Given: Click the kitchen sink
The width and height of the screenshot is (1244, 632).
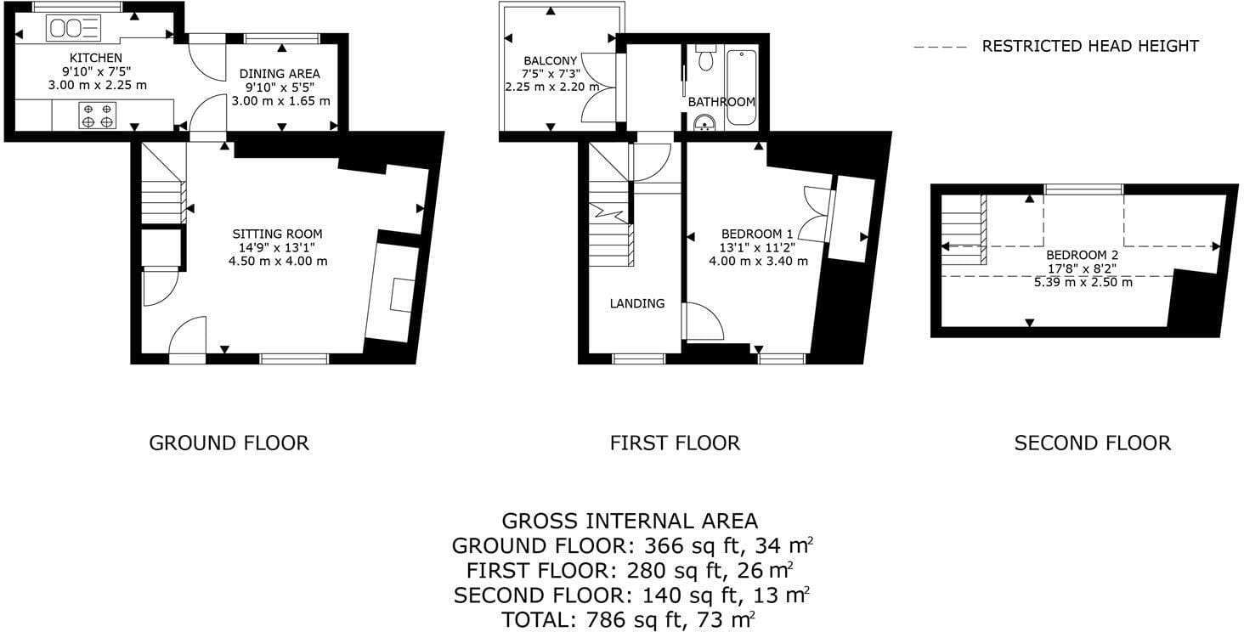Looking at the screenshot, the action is tap(73, 28).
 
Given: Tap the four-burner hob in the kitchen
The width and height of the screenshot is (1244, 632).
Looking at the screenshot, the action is tap(97, 116).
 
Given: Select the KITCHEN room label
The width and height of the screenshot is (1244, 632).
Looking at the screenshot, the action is tap(95, 58).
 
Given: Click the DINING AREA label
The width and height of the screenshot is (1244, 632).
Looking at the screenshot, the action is tap(280, 74).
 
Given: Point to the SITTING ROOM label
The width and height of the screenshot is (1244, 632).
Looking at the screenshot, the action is tap(277, 234).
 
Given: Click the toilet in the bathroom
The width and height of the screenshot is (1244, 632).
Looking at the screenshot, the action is tap(706, 58).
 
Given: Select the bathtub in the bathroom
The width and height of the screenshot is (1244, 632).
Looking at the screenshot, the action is tap(742, 87).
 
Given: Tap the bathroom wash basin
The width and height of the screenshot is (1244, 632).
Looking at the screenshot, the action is tap(704, 122).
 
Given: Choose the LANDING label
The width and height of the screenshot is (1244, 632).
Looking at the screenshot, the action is tap(637, 303).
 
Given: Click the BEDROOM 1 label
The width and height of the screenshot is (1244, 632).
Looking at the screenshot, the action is tap(757, 234).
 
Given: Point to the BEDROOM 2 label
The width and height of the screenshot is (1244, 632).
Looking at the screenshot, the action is tap(1083, 255).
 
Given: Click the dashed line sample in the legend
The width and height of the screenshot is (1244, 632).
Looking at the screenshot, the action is tap(940, 48).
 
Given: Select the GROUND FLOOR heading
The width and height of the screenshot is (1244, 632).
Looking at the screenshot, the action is tap(229, 443).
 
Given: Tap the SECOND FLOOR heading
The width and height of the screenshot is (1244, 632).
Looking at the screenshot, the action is tap(1093, 443).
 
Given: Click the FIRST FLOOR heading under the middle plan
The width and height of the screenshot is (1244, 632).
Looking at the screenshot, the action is tap(675, 443).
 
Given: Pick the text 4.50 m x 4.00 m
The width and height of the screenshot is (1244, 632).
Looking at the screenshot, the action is tap(278, 261).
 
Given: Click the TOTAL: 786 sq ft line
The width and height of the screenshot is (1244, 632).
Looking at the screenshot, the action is tap(628, 619).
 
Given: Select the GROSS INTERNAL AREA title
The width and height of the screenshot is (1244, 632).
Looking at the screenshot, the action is tap(630, 521).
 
